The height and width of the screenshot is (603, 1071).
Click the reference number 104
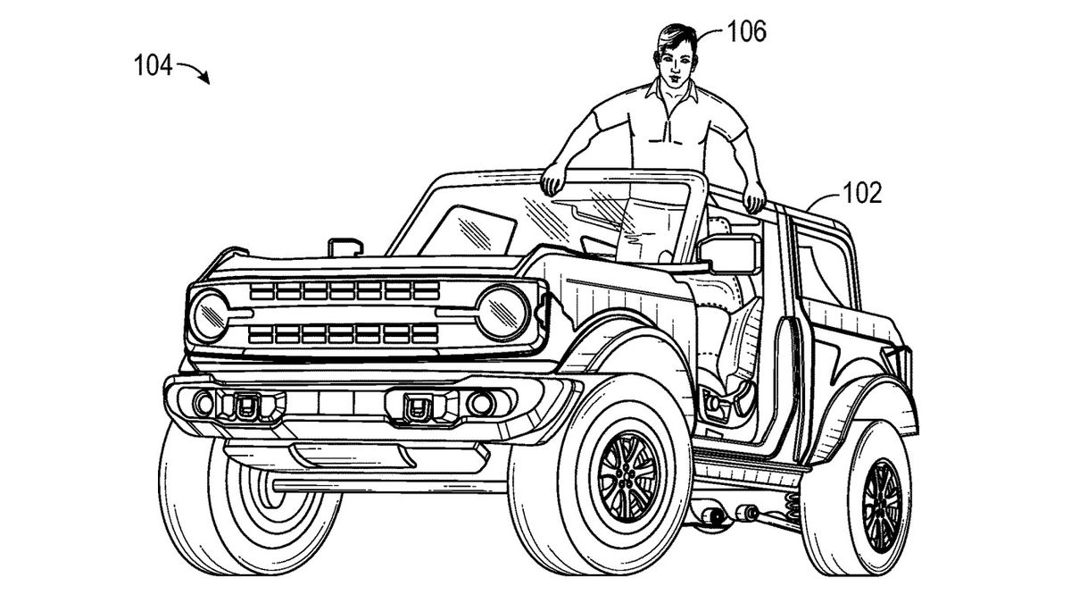click(x=153, y=66)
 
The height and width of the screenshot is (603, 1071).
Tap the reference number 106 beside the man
click(x=746, y=31)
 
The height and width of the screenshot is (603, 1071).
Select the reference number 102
click(x=861, y=193)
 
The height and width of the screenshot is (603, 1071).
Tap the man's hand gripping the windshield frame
click(x=553, y=180)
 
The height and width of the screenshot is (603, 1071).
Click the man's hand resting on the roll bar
click(x=754, y=198)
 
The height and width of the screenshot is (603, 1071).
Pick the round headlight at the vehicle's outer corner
click(x=210, y=316)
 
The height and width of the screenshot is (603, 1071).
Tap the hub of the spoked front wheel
click(x=626, y=475)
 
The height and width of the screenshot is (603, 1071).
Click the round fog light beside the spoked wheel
click(x=480, y=403)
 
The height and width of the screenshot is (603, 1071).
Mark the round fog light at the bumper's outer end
click(x=203, y=403)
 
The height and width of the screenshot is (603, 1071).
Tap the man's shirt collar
click(x=672, y=92)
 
